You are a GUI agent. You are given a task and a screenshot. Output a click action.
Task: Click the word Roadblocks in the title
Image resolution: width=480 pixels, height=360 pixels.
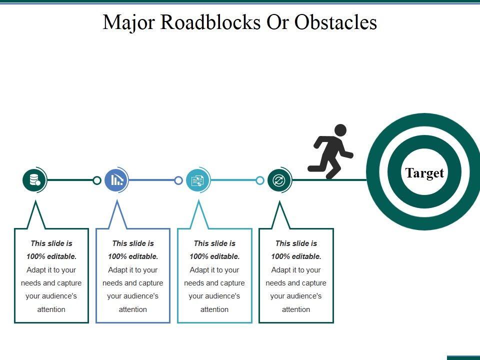pyautogui.click(x=210, y=22)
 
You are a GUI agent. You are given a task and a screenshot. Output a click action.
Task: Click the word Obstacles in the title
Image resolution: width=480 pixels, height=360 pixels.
pyautogui.click(x=335, y=22)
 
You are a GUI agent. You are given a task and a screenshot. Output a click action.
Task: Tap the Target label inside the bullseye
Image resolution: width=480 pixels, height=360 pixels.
pyautogui.click(x=424, y=172)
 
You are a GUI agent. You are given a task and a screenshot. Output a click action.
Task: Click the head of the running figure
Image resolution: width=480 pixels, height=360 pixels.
pyautogui.click(x=340, y=130)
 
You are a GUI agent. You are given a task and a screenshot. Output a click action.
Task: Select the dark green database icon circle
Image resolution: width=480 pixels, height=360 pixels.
pyautogui.click(x=34, y=180)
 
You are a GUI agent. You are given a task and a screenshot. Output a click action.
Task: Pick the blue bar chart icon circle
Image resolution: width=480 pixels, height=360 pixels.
pyautogui.click(x=116, y=180)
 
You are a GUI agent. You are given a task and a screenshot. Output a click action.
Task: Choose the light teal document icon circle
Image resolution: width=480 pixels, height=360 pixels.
pyautogui.click(x=198, y=180)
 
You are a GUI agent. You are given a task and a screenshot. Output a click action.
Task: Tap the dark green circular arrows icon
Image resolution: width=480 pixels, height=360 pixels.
pyautogui.click(x=279, y=180)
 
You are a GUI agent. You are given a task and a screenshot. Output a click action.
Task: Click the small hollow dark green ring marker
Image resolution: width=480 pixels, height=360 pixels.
pyautogui.click(x=96, y=180)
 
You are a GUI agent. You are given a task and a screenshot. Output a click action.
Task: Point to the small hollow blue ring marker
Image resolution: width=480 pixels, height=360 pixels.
pyautogui.click(x=178, y=180)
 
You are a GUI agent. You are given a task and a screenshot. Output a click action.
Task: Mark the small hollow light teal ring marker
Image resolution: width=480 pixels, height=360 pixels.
pyautogui.click(x=260, y=180)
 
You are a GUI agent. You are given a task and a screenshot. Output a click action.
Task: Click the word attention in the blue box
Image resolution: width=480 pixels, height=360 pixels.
pyautogui.click(x=133, y=309)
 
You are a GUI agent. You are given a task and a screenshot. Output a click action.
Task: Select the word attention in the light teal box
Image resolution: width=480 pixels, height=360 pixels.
pyautogui.click(x=214, y=309)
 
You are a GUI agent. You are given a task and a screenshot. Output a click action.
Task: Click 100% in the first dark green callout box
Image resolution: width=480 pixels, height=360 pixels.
pyautogui.click(x=34, y=256)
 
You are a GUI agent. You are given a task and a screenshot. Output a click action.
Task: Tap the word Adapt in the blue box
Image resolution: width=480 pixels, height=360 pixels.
pyautogui.click(x=117, y=270)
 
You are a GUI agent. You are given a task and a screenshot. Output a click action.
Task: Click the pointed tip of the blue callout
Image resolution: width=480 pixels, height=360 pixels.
pyautogui.click(x=117, y=200)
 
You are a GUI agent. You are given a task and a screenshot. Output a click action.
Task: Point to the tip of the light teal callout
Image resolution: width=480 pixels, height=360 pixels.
pyautogui.click(x=198, y=200)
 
